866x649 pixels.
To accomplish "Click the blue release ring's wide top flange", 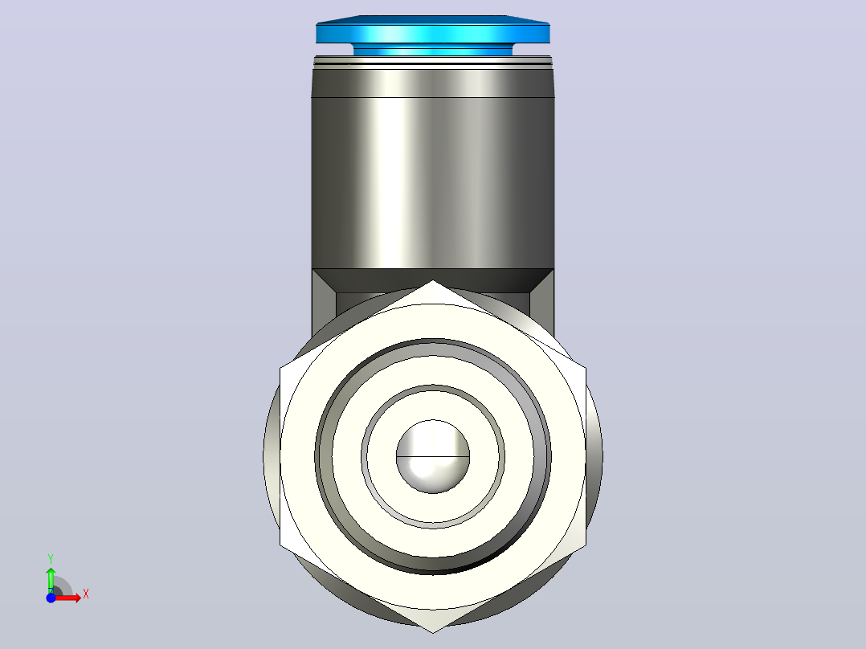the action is (x=432, y=30).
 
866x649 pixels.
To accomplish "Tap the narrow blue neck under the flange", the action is (x=432, y=50).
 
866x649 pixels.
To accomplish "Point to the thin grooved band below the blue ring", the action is (x=432, y=62).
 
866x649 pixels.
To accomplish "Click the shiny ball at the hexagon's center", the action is (x=433, y=457).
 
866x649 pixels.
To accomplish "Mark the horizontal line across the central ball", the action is (x=433, y=457).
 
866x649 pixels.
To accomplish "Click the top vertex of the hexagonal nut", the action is (x=432, y=280).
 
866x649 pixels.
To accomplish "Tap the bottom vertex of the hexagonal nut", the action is (x=432, y=633).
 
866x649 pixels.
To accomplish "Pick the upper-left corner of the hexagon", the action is (x=280, y=369).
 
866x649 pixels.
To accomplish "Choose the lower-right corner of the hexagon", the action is (x=586, y=545).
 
